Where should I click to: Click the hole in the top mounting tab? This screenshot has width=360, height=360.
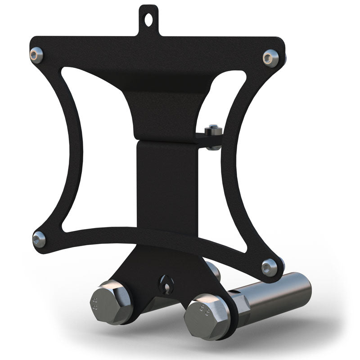tap(149, 19)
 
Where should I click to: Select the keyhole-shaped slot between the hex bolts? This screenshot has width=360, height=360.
tap(165, 284)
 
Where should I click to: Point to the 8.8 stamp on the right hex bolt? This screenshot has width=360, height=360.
tap(203, 308)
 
